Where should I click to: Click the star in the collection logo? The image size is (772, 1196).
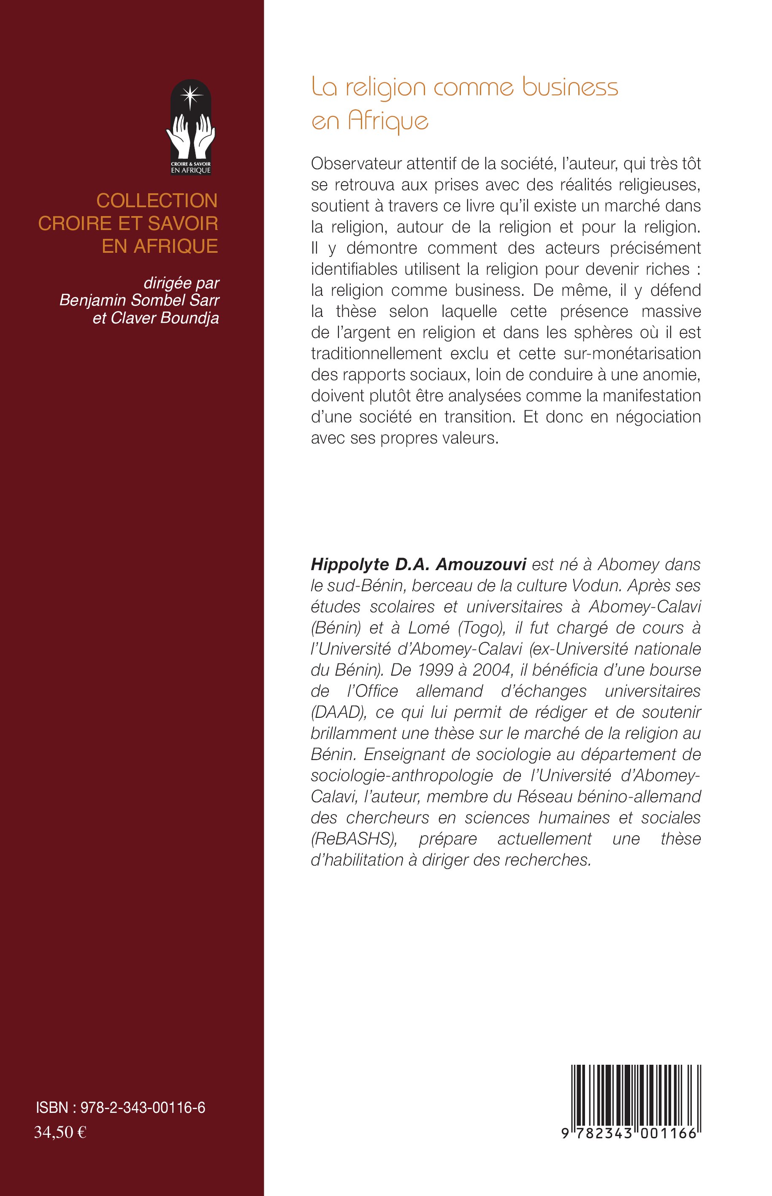point(190,95)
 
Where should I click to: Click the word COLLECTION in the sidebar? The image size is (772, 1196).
point(157,201)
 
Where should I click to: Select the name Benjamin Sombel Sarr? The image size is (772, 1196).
point(139,300)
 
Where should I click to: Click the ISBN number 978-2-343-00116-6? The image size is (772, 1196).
point(142,1108)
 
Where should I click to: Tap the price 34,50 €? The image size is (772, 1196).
point(60,1132)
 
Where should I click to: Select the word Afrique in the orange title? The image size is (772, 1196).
point(388,121)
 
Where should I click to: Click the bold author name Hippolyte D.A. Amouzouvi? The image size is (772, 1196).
point(418,564)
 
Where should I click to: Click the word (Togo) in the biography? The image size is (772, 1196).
point(480,628)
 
